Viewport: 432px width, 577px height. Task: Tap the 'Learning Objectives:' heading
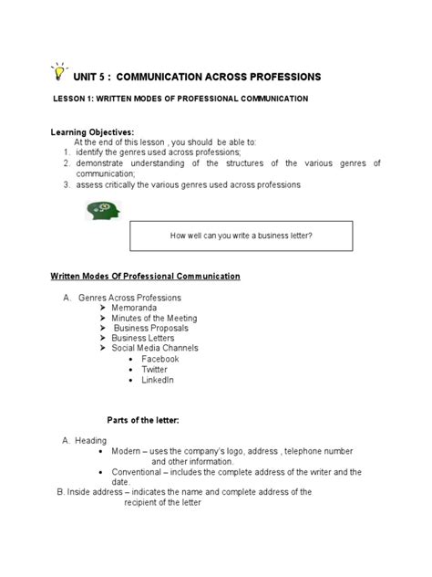(91, 132)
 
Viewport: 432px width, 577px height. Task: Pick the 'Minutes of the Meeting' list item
(159, 318)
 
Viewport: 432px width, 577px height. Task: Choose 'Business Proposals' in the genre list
(150, 328)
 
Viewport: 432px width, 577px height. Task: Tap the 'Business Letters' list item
(143, 338)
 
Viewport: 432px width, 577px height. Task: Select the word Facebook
(160, 359)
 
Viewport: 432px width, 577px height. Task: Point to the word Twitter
(155, 369)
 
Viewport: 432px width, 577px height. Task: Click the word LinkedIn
(158, 379)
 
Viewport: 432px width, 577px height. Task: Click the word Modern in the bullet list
(126, 451)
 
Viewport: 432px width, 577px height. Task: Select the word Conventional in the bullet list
(137, 472)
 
